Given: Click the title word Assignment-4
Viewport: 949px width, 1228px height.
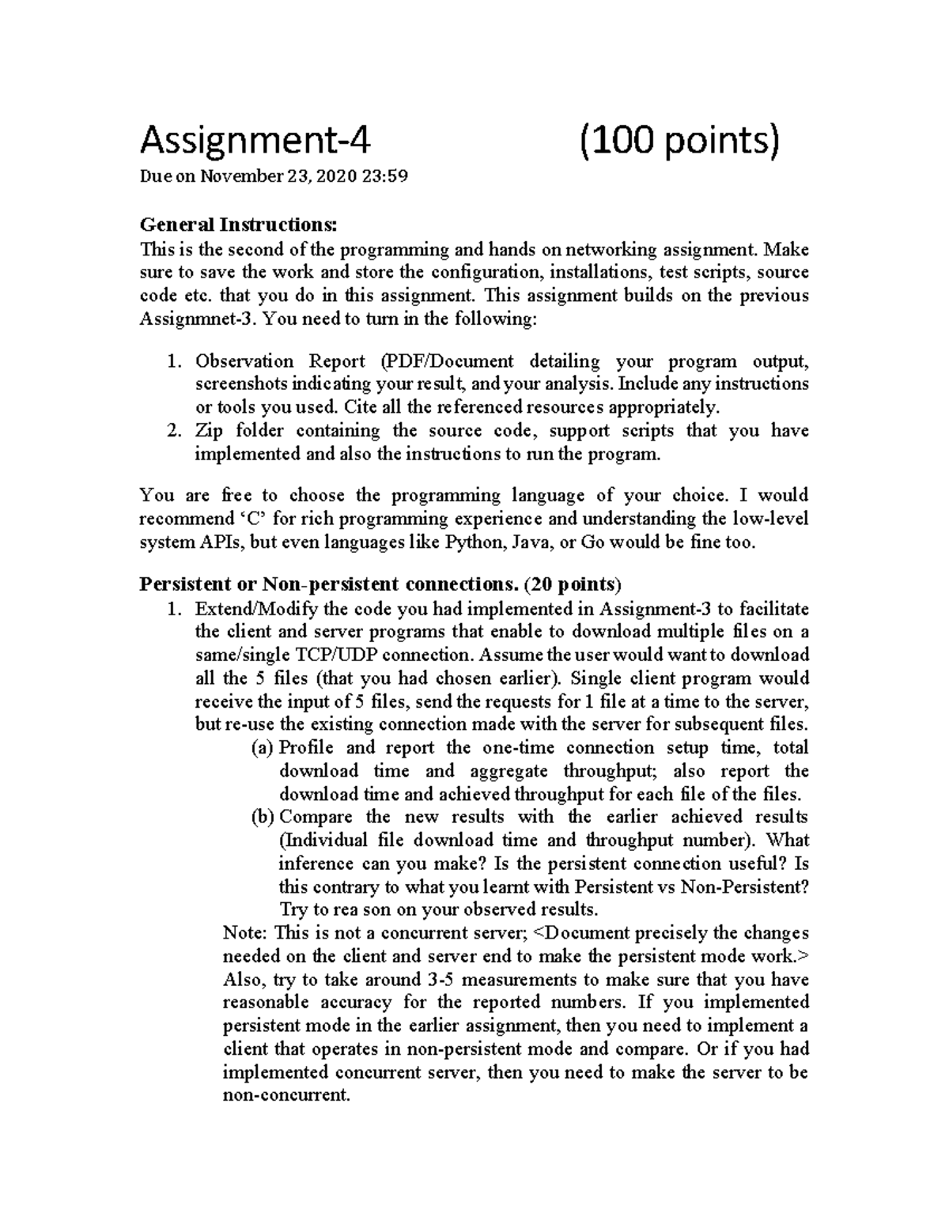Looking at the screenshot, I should point(255,142).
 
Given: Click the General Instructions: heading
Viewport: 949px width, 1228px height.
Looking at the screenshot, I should point(238,225).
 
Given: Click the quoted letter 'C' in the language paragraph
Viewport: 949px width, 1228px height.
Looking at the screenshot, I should point(248,520).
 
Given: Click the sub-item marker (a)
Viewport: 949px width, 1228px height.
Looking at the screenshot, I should point(263,748).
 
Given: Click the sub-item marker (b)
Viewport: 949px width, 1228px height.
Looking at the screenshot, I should point(263,817).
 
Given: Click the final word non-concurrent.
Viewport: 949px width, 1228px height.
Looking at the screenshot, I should point(285,1096).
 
